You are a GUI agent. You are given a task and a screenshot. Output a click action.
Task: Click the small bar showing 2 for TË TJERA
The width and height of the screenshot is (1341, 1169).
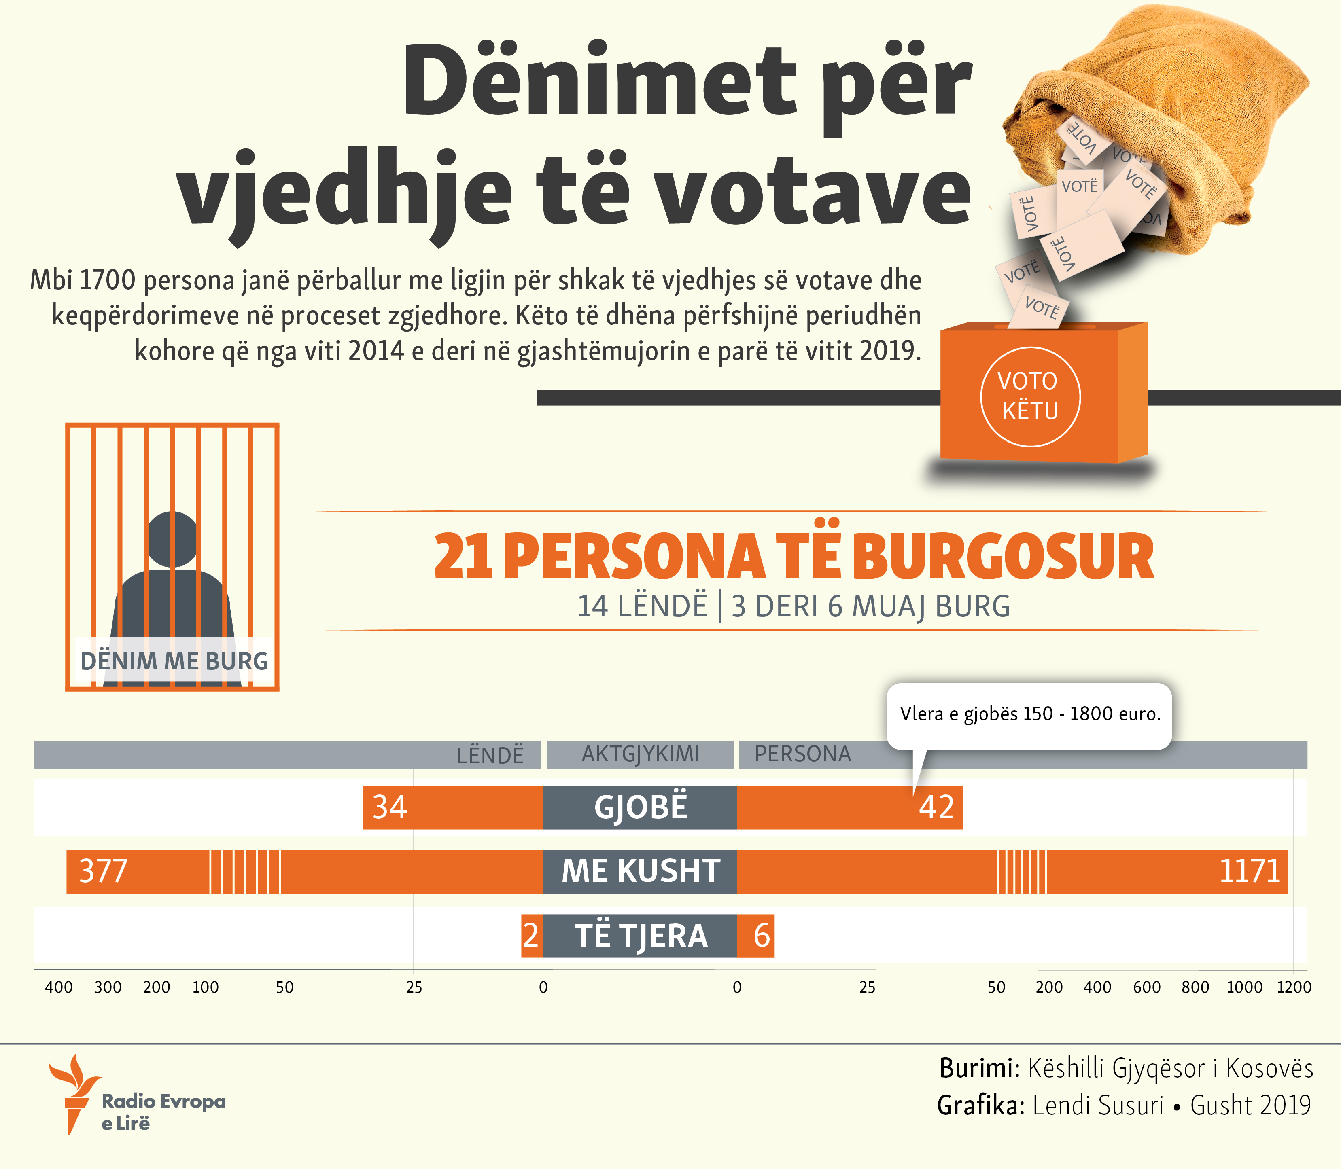point(531,936)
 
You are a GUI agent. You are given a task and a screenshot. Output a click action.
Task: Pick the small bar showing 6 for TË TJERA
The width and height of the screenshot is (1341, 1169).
point(761,936)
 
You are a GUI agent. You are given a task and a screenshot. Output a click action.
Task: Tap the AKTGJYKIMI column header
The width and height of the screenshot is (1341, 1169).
point(640,754)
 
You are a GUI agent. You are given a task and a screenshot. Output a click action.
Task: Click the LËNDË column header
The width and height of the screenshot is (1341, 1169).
point(490,756)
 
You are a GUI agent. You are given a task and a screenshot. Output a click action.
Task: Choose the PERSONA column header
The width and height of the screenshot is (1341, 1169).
point(803,754)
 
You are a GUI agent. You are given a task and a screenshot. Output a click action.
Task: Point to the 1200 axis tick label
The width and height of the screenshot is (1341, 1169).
point(1293,987)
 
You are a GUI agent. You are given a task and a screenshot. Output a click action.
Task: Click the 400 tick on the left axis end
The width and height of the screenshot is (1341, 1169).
point(59,987)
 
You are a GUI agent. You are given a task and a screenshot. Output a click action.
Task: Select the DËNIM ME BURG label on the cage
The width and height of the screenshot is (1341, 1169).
point(174,661)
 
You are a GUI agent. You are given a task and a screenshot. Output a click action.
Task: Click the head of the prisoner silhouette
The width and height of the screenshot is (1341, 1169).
point(172,539)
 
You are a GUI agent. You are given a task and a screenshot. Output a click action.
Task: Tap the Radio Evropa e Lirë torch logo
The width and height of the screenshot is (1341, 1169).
point(74,1094)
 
